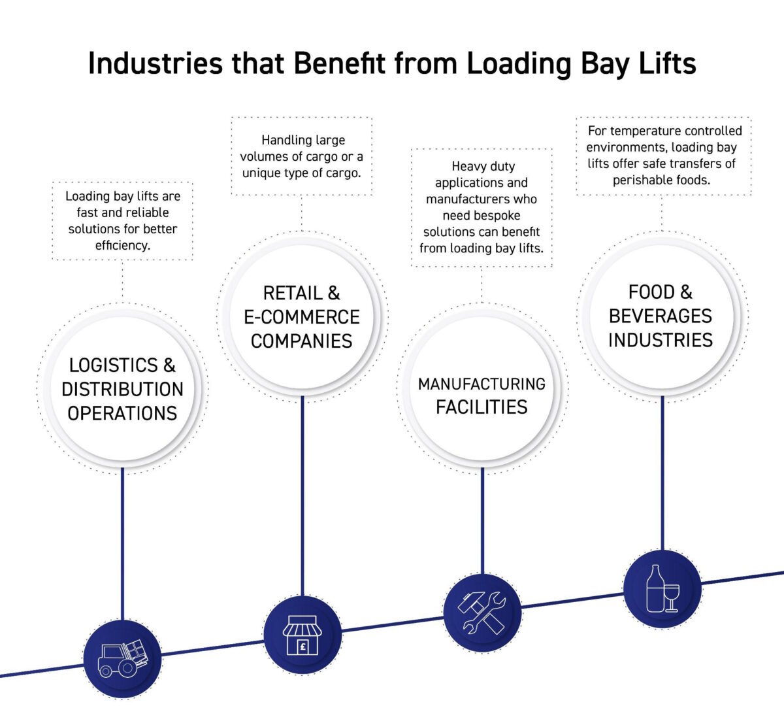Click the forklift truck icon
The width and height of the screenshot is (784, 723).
(x=122, y=658)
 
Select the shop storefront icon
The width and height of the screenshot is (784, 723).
(x=302, y=635)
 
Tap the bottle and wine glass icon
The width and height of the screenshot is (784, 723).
(x=662, y=589)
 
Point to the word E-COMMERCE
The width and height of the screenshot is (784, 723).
(x=302, y=317)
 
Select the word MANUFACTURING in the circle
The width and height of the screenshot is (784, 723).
(x=482, y=384)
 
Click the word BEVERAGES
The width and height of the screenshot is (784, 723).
(x=661, y=316)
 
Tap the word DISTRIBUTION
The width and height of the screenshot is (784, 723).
(x=122, y=390)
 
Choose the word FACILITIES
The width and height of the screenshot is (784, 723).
(x=482, y=407)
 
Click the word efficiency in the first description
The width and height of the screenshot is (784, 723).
(x=122, y=246)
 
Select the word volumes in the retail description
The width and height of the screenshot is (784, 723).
(x=265, y=157)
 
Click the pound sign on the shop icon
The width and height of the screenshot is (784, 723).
(x=302, y=647)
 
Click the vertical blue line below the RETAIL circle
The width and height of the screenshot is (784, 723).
(x=302, y=497)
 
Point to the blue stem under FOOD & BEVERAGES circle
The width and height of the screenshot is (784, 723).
(x=662, y=471)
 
